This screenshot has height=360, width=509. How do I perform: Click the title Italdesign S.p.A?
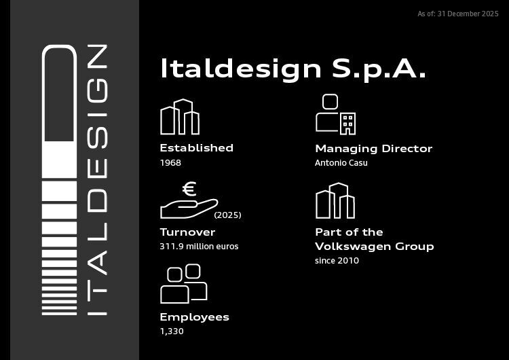click(x=293, y=69)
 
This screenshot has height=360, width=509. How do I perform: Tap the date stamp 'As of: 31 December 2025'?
click(x=458, y=14)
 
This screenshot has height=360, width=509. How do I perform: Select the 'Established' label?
click(x=196, y=148)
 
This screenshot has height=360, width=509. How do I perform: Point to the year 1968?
click(x=170, y=163)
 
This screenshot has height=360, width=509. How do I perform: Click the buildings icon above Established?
click(x=180, y=118)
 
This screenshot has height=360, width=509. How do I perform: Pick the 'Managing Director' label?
click(x=373, y=149)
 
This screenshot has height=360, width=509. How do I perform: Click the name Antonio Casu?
click(x=341, y=163)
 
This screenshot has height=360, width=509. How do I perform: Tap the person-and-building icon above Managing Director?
click(x=335, y=115)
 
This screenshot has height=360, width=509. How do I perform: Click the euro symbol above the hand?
click(x=189, y=189)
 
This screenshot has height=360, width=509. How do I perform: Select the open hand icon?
click(x=188, y=208)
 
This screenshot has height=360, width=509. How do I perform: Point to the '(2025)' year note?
click(x=227, y=215)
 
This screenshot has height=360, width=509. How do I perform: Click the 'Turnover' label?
click(x=187, y=232)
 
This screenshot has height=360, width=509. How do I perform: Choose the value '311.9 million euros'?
click(x=199, y=247)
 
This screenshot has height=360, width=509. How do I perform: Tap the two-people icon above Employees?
click(x=183, y=283)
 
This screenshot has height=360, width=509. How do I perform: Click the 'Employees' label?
click(x=194, y=317)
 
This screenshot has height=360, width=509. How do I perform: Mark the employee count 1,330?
click(x=172, y=331)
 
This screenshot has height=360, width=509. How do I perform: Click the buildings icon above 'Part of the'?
click(x=335, y=201)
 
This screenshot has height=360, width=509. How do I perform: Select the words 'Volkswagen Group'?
click(x=374, y=247)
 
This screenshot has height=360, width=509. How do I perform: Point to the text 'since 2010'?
click(x=337, y=261)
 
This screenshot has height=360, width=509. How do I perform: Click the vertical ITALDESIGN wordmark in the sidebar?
click(x=98, y=180)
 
